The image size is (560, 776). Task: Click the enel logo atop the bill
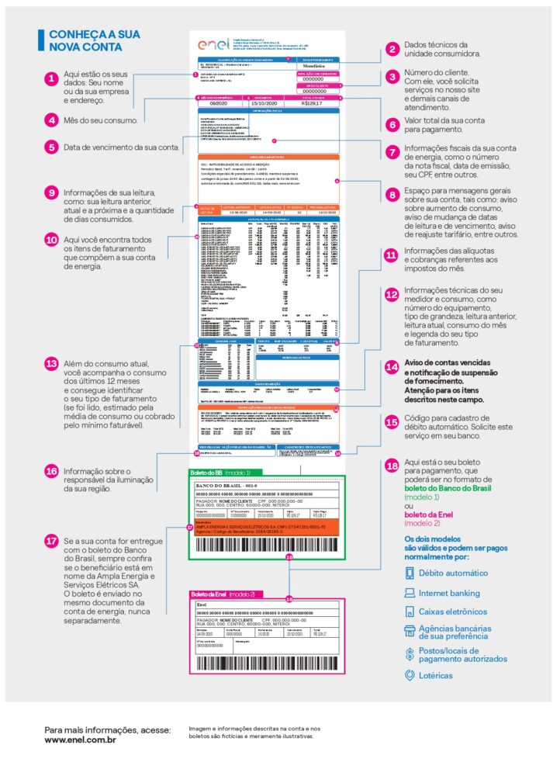(x=210, y=46)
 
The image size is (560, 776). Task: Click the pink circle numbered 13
(x=51, y=364)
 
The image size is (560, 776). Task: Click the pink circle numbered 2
(x=392, y=49)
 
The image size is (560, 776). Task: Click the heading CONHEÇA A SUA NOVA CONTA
(x=85, y=40)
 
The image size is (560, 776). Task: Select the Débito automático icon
(x=410, y=573)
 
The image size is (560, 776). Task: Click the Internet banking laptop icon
(x=410, y=594)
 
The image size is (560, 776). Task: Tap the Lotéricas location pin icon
(x=410, y=675)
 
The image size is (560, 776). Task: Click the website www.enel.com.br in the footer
(x=81, y=740)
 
